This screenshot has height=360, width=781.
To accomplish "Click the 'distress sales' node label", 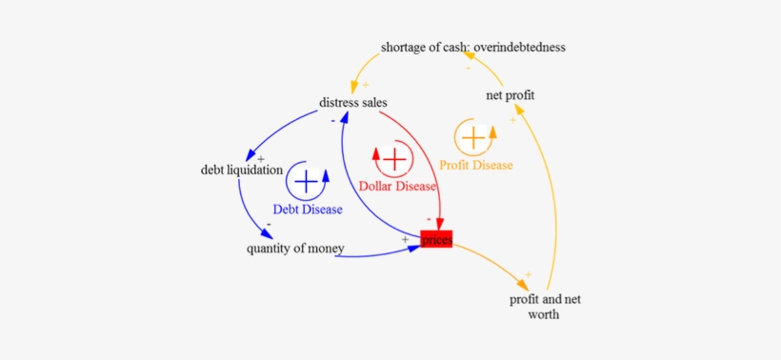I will pos(353,103).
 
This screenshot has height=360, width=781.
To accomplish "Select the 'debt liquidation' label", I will pos(242,170).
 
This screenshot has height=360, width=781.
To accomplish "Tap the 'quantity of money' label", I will pos(295,250).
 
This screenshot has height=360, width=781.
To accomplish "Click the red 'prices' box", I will pos(436,240).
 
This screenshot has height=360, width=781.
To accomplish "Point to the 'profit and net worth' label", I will pos(545,307).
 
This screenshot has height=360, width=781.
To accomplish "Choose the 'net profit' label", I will pos(510,95).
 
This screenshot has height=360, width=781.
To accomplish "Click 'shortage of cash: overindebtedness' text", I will pos(474,47).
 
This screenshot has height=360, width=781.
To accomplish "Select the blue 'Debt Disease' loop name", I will pos(308,209).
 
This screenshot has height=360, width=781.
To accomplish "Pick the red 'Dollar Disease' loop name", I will pos(397,186).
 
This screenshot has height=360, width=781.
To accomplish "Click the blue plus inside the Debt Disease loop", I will pos(306,179).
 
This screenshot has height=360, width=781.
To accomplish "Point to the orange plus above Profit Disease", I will pos(472,137).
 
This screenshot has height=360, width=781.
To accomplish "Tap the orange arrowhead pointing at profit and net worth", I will pos(524,284).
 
